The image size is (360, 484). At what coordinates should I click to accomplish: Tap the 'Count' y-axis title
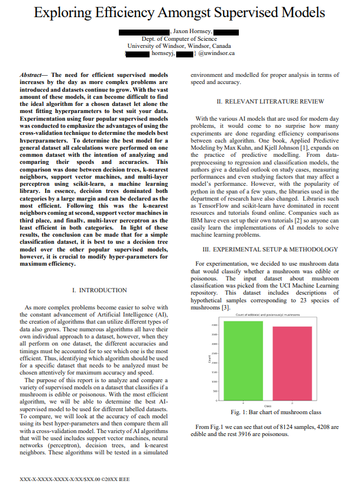(x=210, y=359)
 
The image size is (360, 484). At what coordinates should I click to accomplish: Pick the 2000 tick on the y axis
(x=214, y=363)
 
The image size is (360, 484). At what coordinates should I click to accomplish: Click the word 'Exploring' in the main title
(x=67, y=12)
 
